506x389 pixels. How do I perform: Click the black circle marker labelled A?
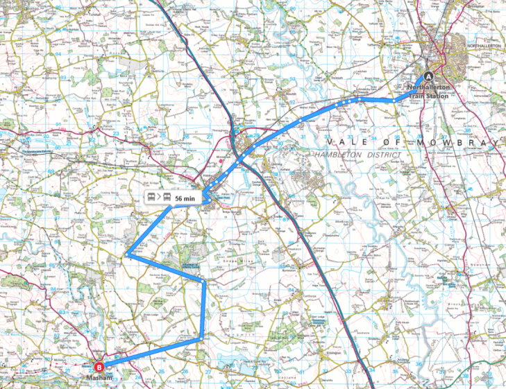(x=429, y=77)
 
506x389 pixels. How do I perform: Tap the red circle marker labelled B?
(x=99, y=367)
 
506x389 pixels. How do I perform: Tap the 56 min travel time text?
(x=185, y=198)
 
